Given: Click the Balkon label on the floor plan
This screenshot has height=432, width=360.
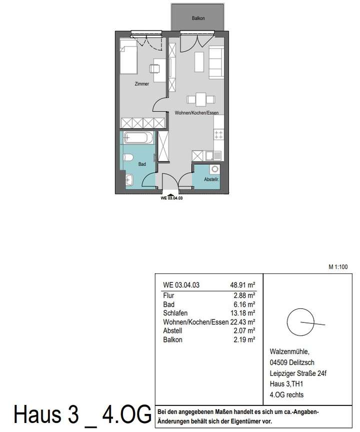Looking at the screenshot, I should coord(198,19).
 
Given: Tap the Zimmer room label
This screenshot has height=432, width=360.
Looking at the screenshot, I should coord(141,84).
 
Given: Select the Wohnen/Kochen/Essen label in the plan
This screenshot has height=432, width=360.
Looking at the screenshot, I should coord(196,113).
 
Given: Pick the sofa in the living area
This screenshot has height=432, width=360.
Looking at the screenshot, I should coord(216,62).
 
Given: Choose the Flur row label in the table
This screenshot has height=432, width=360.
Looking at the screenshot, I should coord(168,296).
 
